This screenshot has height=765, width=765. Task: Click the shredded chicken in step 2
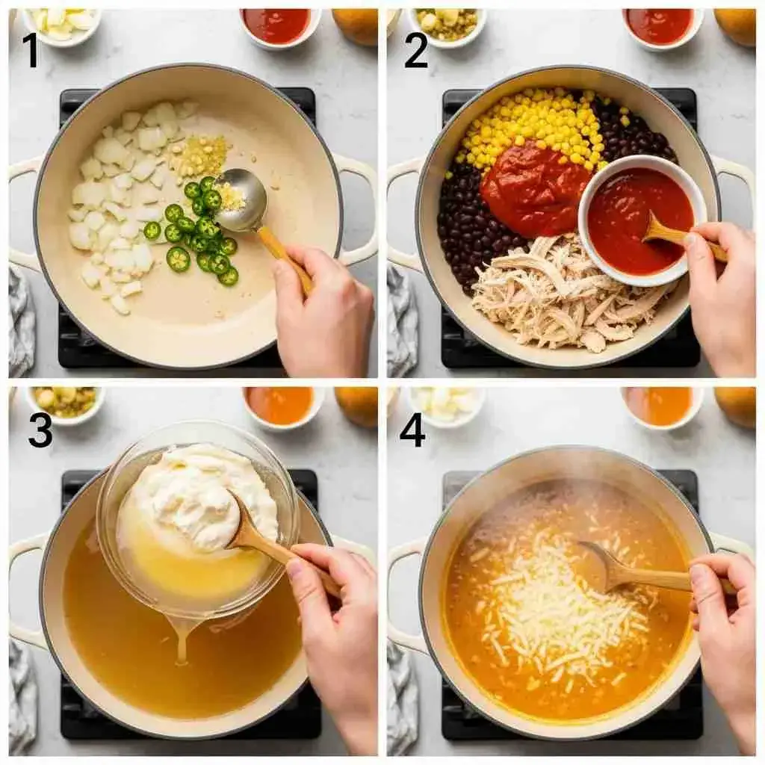561,293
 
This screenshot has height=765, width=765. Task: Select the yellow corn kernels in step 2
532,127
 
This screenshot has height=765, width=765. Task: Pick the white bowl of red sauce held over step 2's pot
640,220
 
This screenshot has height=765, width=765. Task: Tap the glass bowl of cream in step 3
197,520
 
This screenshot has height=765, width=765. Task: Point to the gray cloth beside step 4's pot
402,701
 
